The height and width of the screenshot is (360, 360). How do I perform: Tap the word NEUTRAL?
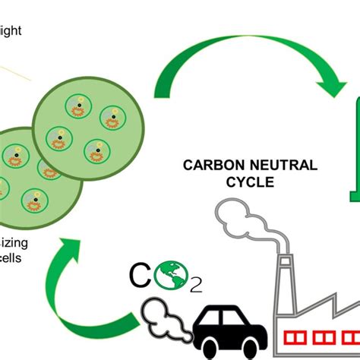coord(261,164)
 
